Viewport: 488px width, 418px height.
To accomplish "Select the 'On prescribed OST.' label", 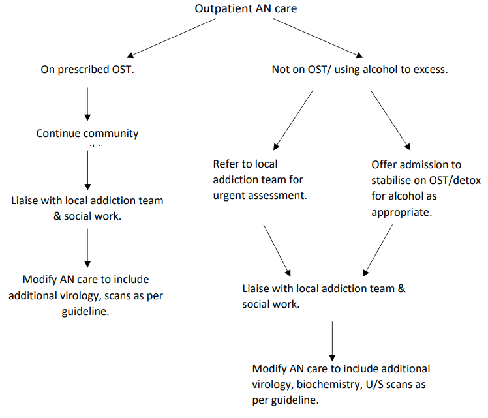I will click(x=87, y=68).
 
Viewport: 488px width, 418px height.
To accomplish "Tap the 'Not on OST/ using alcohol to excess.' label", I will click(x=359, y=68).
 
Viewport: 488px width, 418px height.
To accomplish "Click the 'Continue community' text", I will click(x=87, y=133).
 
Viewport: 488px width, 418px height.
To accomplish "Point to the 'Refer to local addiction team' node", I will click(x=258, y=179).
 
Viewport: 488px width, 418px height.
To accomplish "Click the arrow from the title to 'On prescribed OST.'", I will click(x=175, y=37).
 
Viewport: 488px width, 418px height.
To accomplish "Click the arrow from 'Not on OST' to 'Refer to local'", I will click(x=294, y=121).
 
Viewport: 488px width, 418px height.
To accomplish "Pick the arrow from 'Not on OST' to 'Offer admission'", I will click(x=390, y=120).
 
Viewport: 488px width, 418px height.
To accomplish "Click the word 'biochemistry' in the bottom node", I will click(x=325, y=384).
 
